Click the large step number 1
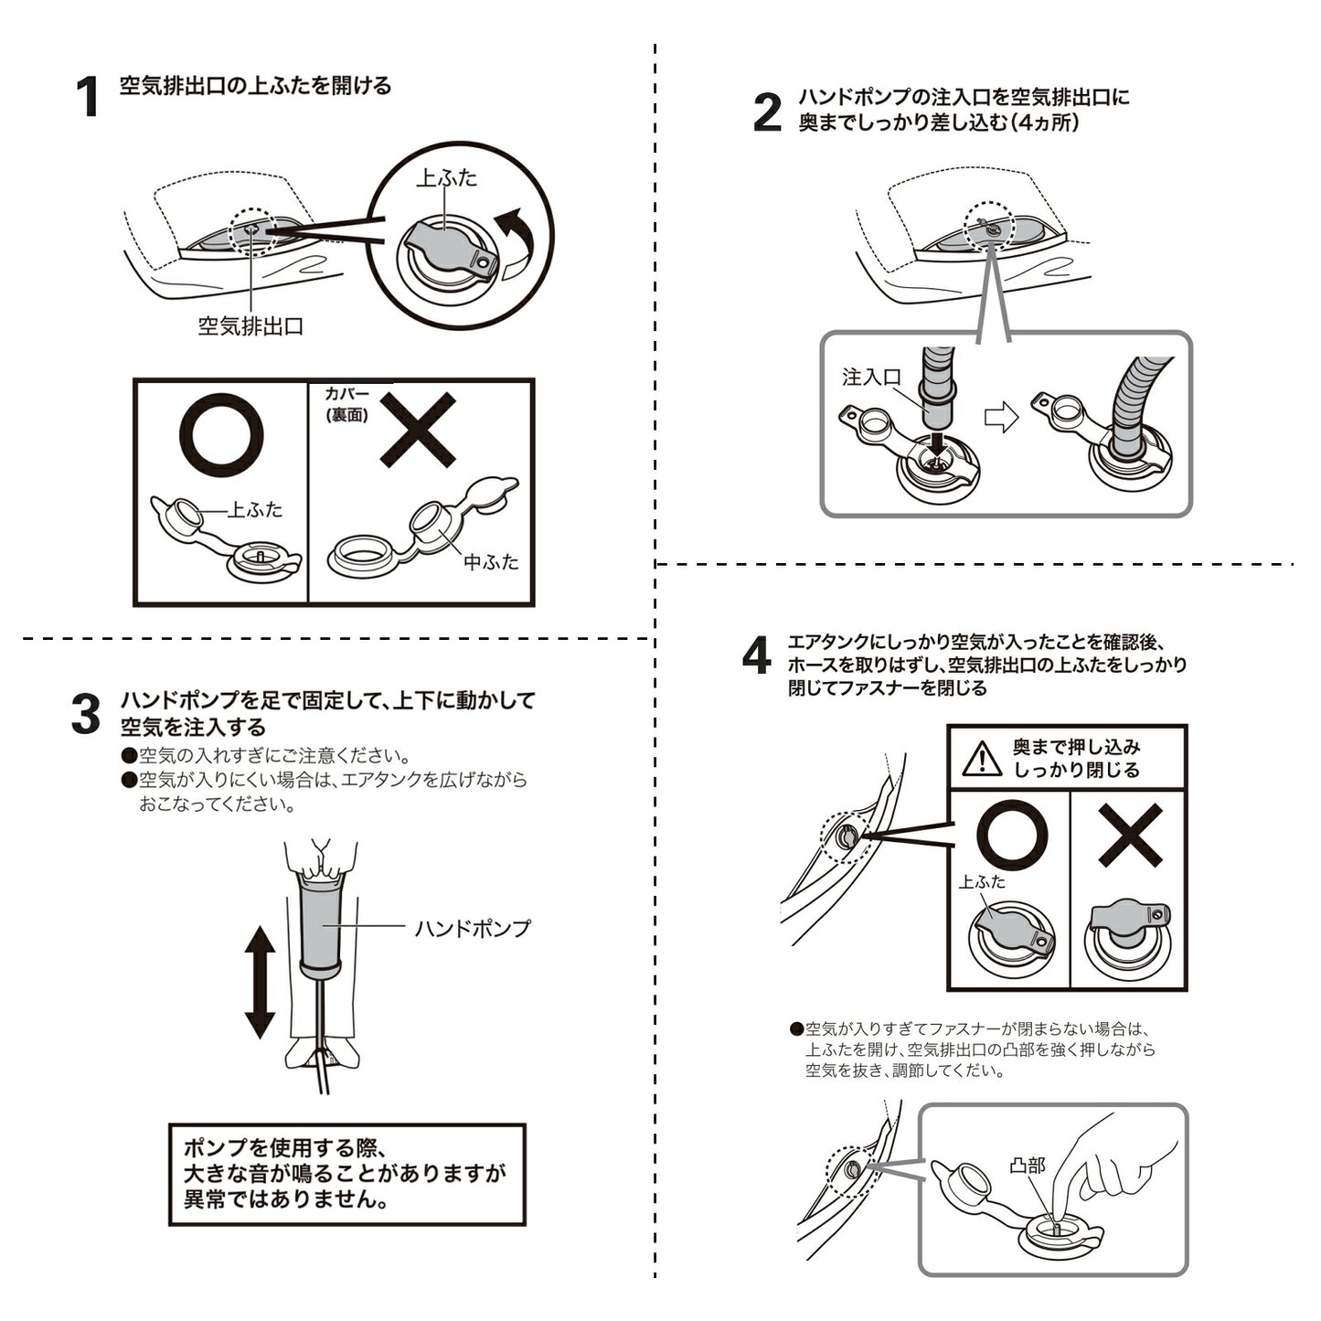pyautogui.click(x=88, y=97)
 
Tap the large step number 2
pyautogui.click(x=767, y=112)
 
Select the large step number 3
pyautogui.click(x=86, y=714)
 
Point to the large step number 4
pyautogui.click(x=756, y=655)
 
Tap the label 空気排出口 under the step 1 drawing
pyautogui.click(x=250, y=325)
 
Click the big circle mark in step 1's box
pyautogui.click(x=221, y=434)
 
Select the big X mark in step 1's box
pyautogui.click(x=418, y=430)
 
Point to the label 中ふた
pyautogui.click(x=492, y=562)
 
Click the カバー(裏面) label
pyautogui.click(x=346, y=404)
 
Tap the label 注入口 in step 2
pyautogui.click(x=871, y=377)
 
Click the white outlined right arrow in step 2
pyautogui.click(x=1002, y=416)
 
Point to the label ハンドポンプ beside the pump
pyautogui.click(x=473, y=929)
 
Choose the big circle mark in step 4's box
pyautogui.click(x=1012, y=835)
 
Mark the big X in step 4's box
pyautogui.click(x=1130, y=835)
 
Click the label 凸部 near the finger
pyautogui.click(x=1028, y=1165)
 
